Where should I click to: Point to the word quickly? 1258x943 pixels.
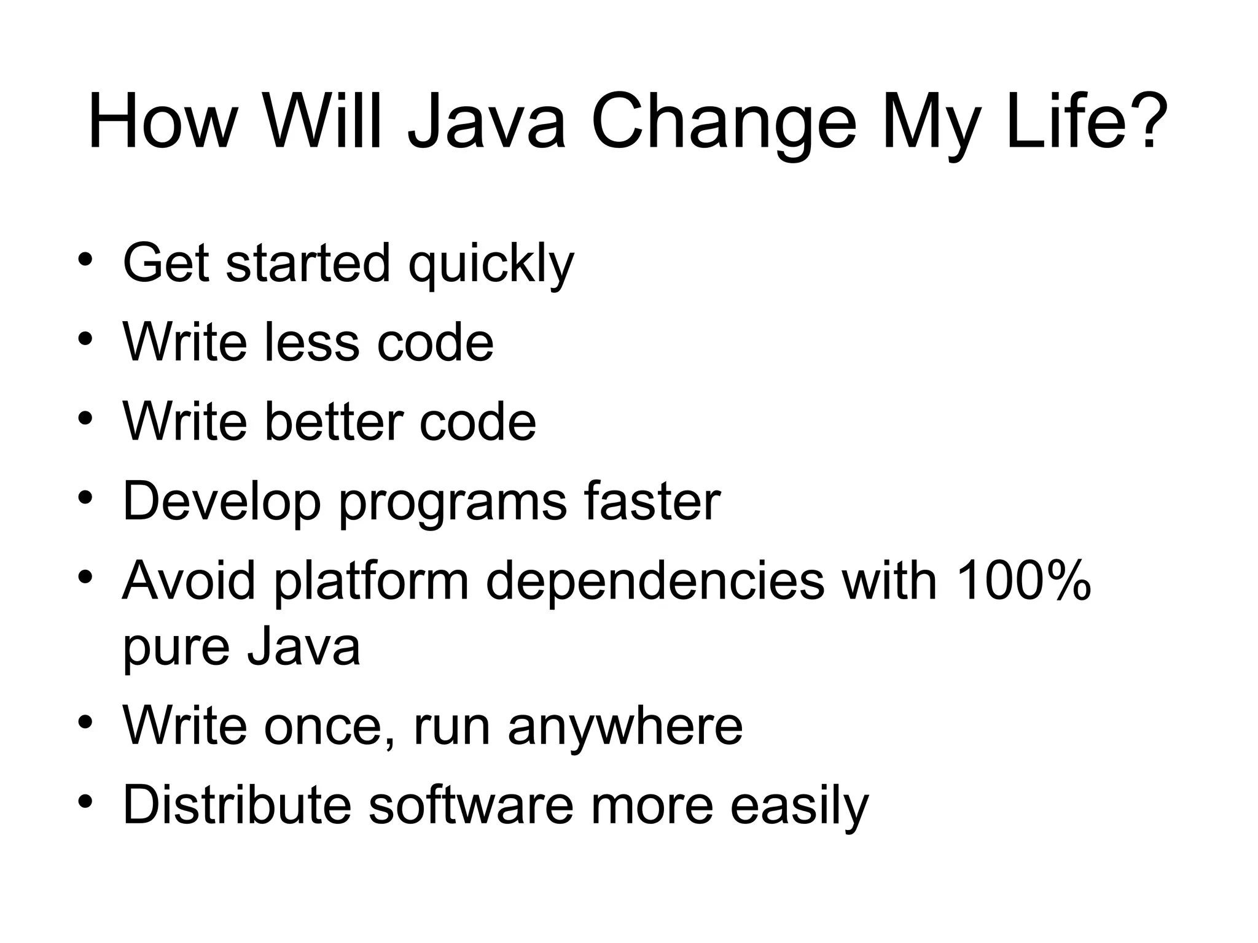(491, 264)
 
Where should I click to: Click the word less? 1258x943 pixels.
(312, 343)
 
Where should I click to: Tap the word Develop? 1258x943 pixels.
(222, 502)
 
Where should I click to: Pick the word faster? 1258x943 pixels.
(652, 502)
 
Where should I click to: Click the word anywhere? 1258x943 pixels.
(625, 727)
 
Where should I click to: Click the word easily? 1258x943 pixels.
(799, 807)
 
